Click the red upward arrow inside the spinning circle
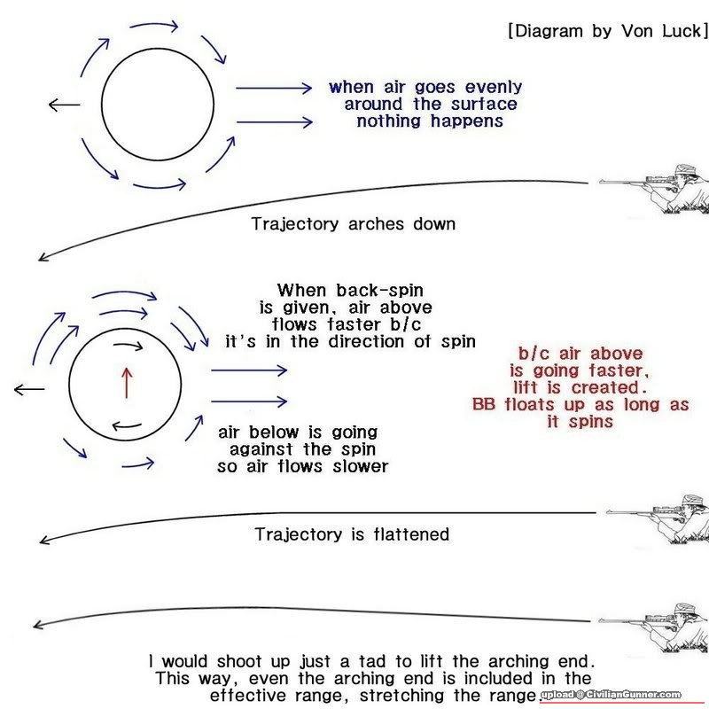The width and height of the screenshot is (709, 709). click(126, 381)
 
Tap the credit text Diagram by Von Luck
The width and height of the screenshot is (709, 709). click(608, 32)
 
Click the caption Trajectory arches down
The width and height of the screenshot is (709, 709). click(354, 223)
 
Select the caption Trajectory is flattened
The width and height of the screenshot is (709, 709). click(352, 534)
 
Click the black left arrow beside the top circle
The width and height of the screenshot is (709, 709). click(64, 105)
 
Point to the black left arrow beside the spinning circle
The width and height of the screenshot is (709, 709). click(29, 389)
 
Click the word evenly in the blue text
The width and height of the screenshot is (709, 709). click(487, 88)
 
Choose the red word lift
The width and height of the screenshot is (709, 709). click(528, 388)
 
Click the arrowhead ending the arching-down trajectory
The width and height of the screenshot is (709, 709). click(43, 259)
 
